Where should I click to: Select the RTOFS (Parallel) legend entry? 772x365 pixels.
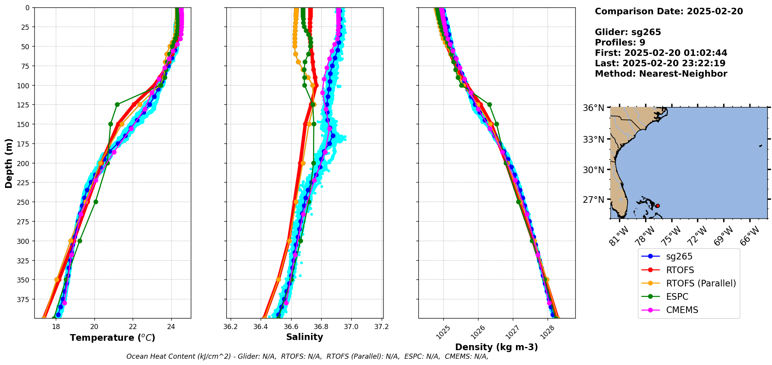701,283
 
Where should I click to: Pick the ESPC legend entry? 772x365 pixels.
677,297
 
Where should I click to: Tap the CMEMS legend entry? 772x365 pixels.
682,310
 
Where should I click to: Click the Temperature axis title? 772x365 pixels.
112,338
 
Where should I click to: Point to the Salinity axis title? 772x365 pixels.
304,337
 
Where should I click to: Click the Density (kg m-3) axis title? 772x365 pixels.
496,347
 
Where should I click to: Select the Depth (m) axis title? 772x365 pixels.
9,163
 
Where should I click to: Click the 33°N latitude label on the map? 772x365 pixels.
593,140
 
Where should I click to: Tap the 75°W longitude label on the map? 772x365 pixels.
672,235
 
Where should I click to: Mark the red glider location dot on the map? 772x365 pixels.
657,206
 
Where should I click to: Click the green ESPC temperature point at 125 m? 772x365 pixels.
117,104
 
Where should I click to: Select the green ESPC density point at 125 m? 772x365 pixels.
489,104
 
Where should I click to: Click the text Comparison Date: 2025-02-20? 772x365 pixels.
669,11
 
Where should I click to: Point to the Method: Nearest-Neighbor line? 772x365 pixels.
661,74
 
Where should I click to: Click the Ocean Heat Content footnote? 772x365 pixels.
307,356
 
